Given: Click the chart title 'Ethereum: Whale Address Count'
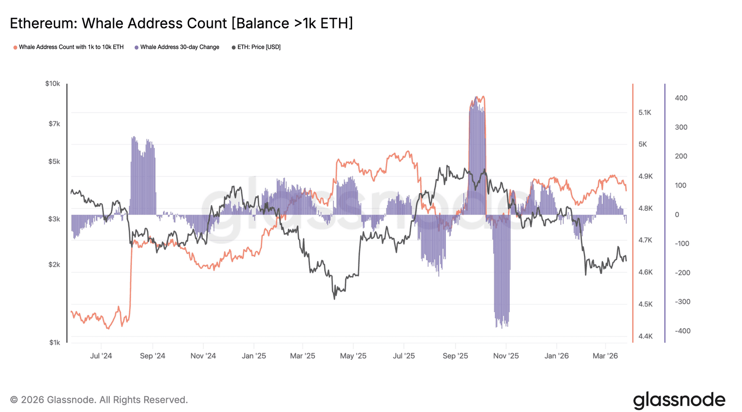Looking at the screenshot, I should [181, 23].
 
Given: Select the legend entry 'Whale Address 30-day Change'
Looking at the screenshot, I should [179, 47].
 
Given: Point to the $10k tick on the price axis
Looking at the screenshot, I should [53, 84].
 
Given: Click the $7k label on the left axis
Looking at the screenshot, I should [54, 124].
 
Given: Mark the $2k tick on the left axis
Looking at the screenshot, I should [54, 265].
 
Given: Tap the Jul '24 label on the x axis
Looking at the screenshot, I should [101, 356].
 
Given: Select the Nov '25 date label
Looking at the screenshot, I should [506, 356].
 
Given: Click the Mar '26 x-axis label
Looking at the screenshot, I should [605, 356].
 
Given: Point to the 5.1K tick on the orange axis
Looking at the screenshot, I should [645, 113].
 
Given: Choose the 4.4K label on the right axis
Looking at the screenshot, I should [645, 336].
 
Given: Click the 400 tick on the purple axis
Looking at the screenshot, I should [681, 98].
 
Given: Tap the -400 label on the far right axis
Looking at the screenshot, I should [683, 331].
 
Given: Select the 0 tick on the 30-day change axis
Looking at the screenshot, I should [677, 215].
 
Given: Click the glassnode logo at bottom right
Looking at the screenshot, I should [679, 400].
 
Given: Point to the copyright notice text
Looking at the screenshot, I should [99, 400].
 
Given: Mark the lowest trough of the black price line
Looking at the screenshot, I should [334, 298].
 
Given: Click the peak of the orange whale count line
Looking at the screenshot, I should [477, 97].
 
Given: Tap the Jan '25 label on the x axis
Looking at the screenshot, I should [254, 356].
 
